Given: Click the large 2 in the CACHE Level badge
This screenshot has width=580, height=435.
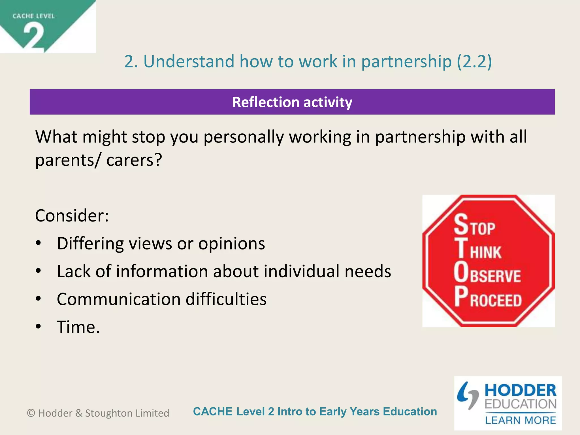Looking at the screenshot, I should tap(34, 37).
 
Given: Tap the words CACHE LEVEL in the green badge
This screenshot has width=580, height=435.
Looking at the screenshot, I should tap(33, 16).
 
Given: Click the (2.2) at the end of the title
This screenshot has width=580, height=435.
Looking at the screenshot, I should tap(474, 61).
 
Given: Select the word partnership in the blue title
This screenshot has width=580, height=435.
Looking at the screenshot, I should tap(406, 61).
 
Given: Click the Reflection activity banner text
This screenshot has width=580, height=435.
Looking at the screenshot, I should tap(292, 102).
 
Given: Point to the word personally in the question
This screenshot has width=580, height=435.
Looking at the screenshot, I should tap(244, 137).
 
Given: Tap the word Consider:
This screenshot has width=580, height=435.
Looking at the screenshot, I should tap(72, 216).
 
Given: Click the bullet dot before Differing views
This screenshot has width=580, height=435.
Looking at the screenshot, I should tap(39, 243).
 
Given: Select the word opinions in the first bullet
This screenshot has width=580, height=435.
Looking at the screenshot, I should tap(231, 244).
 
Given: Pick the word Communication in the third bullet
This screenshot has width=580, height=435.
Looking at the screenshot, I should tap(119, 299).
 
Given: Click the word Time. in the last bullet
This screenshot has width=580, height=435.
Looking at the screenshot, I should tap(78, 327).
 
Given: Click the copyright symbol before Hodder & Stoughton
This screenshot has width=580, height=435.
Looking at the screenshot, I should tap(31, 413).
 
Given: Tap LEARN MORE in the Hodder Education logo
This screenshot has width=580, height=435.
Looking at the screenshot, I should tap(521, 420).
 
